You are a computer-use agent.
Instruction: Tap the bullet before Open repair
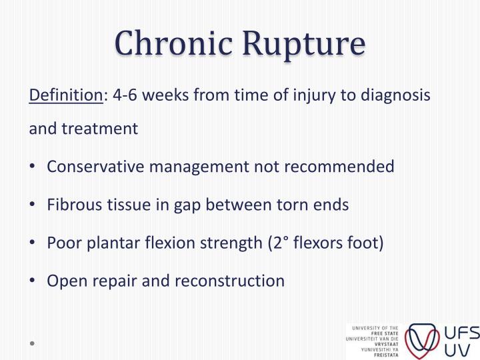(33, 281)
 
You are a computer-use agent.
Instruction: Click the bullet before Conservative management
(33, 166)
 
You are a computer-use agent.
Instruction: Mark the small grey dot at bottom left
(31, 344)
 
